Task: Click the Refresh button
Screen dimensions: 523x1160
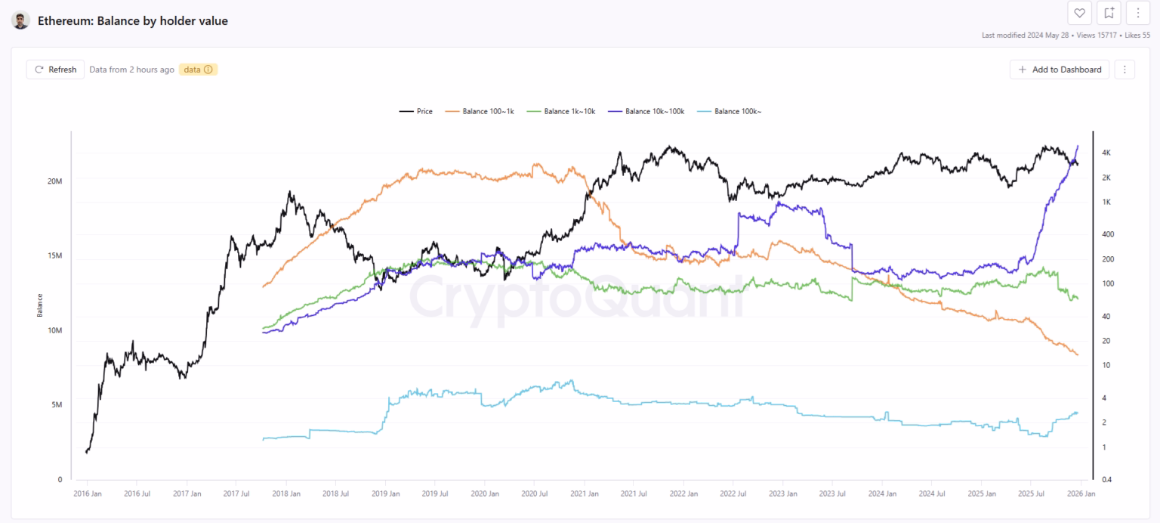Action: click(55, 70)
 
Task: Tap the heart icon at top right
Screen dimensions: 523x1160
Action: click(1079, 13)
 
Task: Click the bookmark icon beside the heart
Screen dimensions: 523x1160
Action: click(1109, 13)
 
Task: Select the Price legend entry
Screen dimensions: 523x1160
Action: click(416, 112)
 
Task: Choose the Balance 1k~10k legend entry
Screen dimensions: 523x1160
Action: click(562, 112)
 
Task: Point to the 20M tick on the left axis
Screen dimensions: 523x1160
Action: click(54, 181)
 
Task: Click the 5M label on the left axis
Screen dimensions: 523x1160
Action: click(56, 405)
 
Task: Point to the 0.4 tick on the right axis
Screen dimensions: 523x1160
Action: click(1106, 480)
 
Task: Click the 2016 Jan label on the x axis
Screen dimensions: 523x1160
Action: click(87, 494)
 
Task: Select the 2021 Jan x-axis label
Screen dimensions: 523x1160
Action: click(584, 494)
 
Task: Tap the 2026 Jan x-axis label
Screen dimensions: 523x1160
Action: click(1080, 494)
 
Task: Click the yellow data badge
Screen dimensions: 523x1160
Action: click(198, 70)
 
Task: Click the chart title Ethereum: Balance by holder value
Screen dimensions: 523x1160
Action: click(133, 21)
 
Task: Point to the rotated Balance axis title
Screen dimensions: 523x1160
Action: click(39, 305)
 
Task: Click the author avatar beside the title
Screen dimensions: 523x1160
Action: click(20, 20)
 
